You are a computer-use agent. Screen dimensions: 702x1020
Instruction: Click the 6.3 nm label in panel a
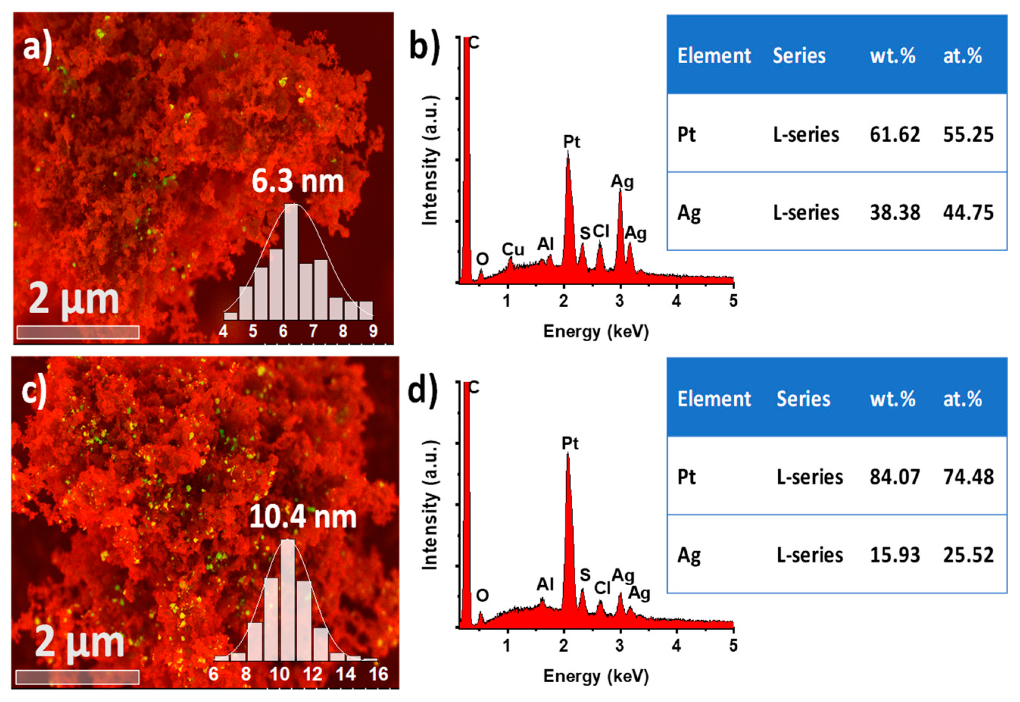(298, 181)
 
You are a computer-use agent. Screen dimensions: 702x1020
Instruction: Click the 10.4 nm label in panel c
(303, 517)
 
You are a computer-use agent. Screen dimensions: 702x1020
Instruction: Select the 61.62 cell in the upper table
(894, 134)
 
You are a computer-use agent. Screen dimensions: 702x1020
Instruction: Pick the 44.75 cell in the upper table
(968, 213)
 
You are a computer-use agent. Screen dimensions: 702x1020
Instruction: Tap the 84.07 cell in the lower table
(894, 477)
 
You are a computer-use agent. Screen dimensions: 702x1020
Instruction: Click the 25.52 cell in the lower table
(968, 555)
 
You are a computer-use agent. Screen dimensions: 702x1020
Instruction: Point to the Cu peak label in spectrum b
(512, 249)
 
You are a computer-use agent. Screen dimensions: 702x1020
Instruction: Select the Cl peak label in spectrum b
(601, 231)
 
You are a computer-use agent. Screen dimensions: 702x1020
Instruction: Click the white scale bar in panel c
(78, 677)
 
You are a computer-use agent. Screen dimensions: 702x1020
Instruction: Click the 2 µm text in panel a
(74, 300)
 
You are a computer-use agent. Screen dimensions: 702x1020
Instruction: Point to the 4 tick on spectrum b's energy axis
(676, 301)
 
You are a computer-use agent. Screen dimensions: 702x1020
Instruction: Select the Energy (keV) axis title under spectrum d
(596, 675)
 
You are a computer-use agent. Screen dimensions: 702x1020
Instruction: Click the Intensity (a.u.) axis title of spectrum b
(430, 161)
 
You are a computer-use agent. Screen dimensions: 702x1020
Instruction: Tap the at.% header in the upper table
(962, 56)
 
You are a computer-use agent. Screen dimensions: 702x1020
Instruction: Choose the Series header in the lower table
(803, 399)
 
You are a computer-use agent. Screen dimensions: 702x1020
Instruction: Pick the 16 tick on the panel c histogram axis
(378, 674)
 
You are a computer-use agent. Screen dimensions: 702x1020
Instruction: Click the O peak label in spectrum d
(482, 596)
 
